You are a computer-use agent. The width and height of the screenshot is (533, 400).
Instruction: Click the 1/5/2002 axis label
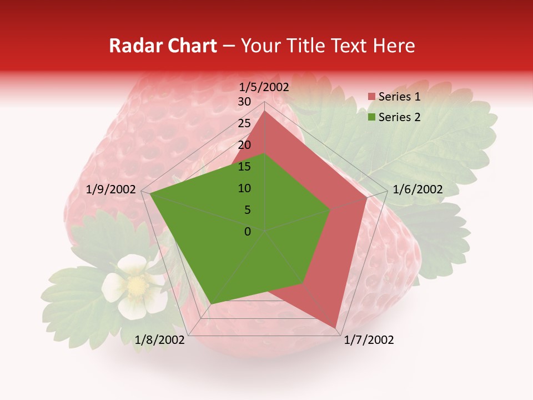click(x=264, y=87)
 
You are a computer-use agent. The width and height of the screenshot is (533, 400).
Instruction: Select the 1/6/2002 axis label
click(x=418, y=189)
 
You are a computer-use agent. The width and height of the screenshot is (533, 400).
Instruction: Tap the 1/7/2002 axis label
click(x=369, y=340)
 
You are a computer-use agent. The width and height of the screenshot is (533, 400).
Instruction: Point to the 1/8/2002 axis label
click(x=160, y=340)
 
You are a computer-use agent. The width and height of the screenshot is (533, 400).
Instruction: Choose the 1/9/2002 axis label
click(x=111, y=189)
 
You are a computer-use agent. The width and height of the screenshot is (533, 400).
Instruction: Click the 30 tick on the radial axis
click(x=244, y=102)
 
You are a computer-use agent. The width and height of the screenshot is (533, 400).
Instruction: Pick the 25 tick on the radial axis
click(x=244, y=123)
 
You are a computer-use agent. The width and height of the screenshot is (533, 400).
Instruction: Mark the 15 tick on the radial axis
click(x=244, y=167)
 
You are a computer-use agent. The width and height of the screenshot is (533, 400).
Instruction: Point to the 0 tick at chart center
click(x=248, y=232)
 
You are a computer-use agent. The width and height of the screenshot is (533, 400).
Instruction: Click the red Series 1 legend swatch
click(x=371, y=97)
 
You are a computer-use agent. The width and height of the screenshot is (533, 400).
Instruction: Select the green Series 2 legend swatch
click(x=371, y=117)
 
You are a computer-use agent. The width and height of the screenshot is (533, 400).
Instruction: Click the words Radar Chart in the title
click(x=163, y=46)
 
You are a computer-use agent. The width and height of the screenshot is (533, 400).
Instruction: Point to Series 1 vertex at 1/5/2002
click(x=265, y=111)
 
